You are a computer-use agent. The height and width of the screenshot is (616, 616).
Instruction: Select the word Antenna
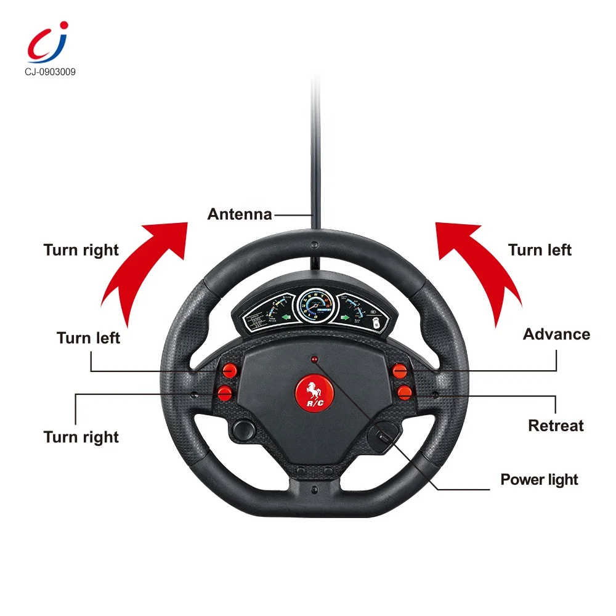point(240,214)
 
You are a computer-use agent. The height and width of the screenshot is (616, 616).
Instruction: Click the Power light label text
point(539,480)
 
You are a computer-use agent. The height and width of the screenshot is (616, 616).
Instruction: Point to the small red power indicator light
point(314,359)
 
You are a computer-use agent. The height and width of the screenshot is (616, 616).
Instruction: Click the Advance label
point(556,334)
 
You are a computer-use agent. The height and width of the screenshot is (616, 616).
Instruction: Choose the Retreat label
point(556,426)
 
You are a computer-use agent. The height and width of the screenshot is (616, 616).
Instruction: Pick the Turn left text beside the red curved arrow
point(540,250)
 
